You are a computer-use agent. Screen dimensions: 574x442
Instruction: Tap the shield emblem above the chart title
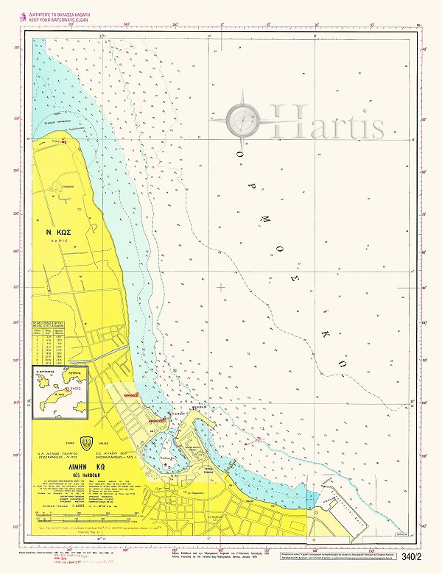tap(88, 443)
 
